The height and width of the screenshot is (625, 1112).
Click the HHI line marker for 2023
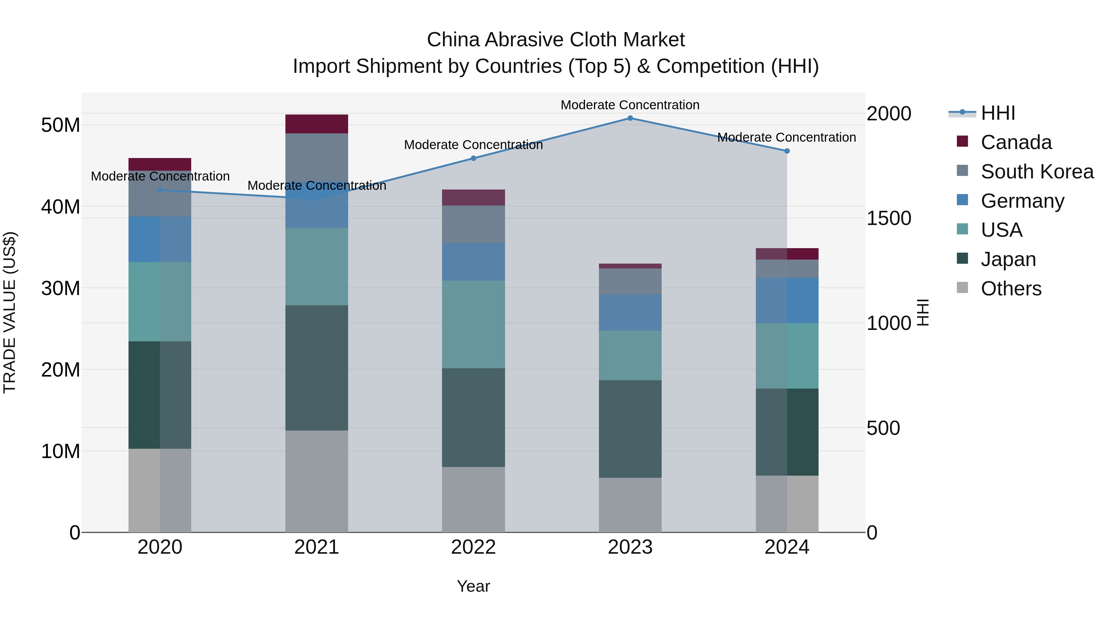tap(630, 118)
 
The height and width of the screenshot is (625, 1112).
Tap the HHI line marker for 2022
tap(473, 158)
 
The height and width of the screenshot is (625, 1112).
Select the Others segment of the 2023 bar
tap(630, 505)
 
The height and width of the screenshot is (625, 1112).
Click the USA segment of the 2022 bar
tap(473, 324)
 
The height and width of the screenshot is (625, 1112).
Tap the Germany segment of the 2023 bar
tap(630, 313)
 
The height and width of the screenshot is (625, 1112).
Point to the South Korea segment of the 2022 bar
tap(473, 224)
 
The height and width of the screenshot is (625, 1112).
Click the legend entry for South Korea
tap(1037, 172)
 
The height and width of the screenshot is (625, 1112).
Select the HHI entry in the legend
tap(998, 113)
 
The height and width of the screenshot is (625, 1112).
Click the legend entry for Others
tap(1011, 289)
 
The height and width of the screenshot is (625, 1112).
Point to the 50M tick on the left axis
tap(61, 125)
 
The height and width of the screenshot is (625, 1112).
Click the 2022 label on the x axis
tap(473, 547)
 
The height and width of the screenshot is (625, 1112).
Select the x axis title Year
tap(473, 586)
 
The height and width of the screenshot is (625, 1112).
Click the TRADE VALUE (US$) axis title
tap(10, 312)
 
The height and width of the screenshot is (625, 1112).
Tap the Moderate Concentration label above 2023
tap(630, 105)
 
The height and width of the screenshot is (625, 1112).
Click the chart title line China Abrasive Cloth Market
tap(556, 40)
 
